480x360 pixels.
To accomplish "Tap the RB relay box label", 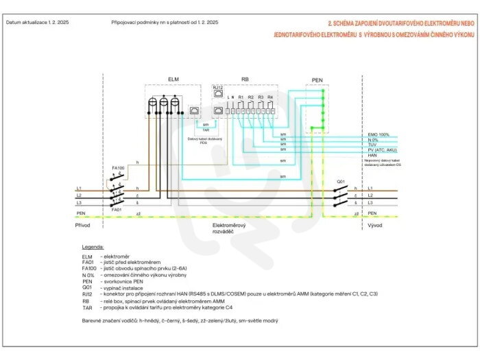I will pos(244,79).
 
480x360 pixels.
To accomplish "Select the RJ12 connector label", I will pos(218,88).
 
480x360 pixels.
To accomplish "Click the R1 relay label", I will pos(241,97).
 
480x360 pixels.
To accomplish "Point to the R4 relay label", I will pos(270,97).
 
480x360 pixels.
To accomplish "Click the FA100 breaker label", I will pos(118,167).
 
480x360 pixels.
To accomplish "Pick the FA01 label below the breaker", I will pos(117,209).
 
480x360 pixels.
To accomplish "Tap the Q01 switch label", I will pos(339,181).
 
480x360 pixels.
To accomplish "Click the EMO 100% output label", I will pos(379,134).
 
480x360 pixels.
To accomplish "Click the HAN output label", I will pos(372,156).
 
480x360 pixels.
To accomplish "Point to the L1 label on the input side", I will pos(80,187).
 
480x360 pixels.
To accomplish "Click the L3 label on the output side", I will pos(370,203).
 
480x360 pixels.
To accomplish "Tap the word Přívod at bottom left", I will pos(82,225).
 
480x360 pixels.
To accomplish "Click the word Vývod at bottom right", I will pos(374,225).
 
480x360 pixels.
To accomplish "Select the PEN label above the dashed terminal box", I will pos(317,80).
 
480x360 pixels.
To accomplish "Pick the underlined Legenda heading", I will pos(93,245).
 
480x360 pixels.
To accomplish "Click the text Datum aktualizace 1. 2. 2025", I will pos(38,23).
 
